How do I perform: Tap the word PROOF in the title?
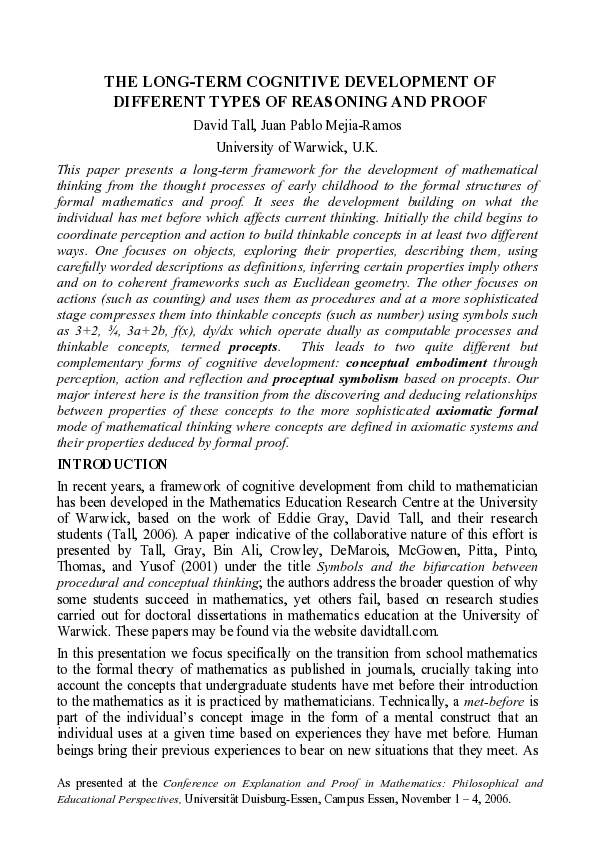(459, 102)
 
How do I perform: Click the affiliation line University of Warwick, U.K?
(296, 146)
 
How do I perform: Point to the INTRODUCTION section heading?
(112, 464)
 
